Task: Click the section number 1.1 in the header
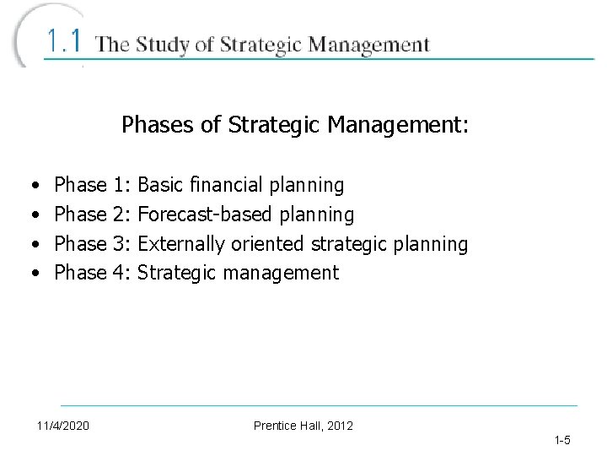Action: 64,41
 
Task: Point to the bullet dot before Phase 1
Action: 32,185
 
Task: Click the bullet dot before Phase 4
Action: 32,273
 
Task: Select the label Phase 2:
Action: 92,214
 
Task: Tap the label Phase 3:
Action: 92,244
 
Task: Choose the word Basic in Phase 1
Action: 161,185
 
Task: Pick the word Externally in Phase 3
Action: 180,244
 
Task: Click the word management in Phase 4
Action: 282,273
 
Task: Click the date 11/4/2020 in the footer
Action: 64,425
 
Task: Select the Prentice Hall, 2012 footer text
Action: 303,425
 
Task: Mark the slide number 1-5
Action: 562,440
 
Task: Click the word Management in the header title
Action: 367,45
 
